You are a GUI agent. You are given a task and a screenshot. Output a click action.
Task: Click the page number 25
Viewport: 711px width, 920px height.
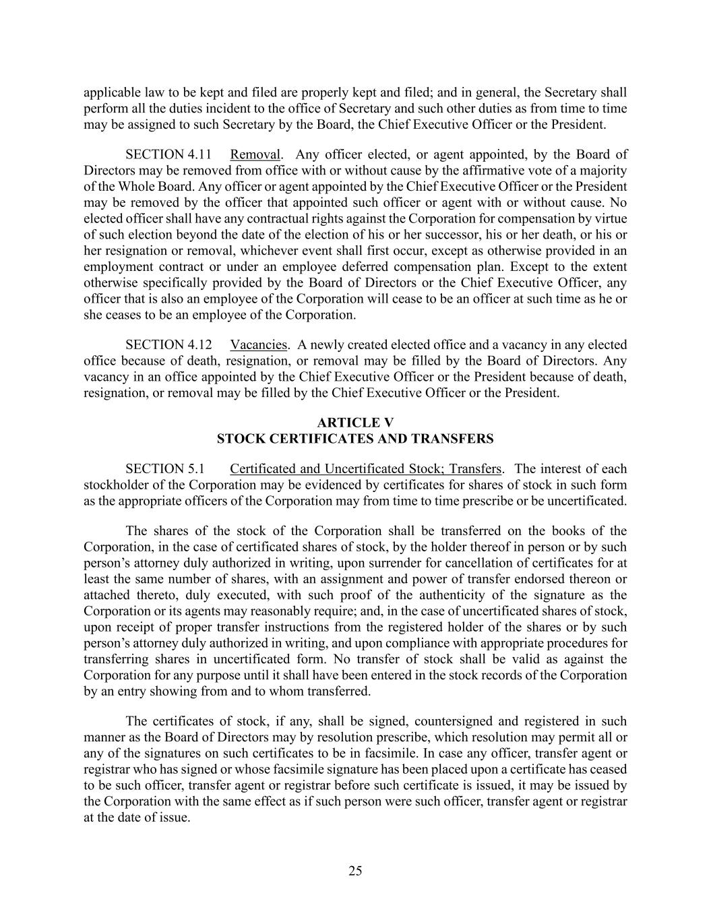[355, 871]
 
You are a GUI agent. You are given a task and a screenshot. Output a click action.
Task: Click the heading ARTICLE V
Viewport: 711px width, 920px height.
[355, 423]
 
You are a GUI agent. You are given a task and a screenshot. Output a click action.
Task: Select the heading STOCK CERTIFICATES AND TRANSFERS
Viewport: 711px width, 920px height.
[355, 439]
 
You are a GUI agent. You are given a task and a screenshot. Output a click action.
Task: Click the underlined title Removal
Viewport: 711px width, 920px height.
[255, 154]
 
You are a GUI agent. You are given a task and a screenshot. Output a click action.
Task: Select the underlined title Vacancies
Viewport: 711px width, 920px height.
[259, 344]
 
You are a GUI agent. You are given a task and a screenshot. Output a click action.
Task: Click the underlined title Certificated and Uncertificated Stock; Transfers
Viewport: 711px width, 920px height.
[365, 468]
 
